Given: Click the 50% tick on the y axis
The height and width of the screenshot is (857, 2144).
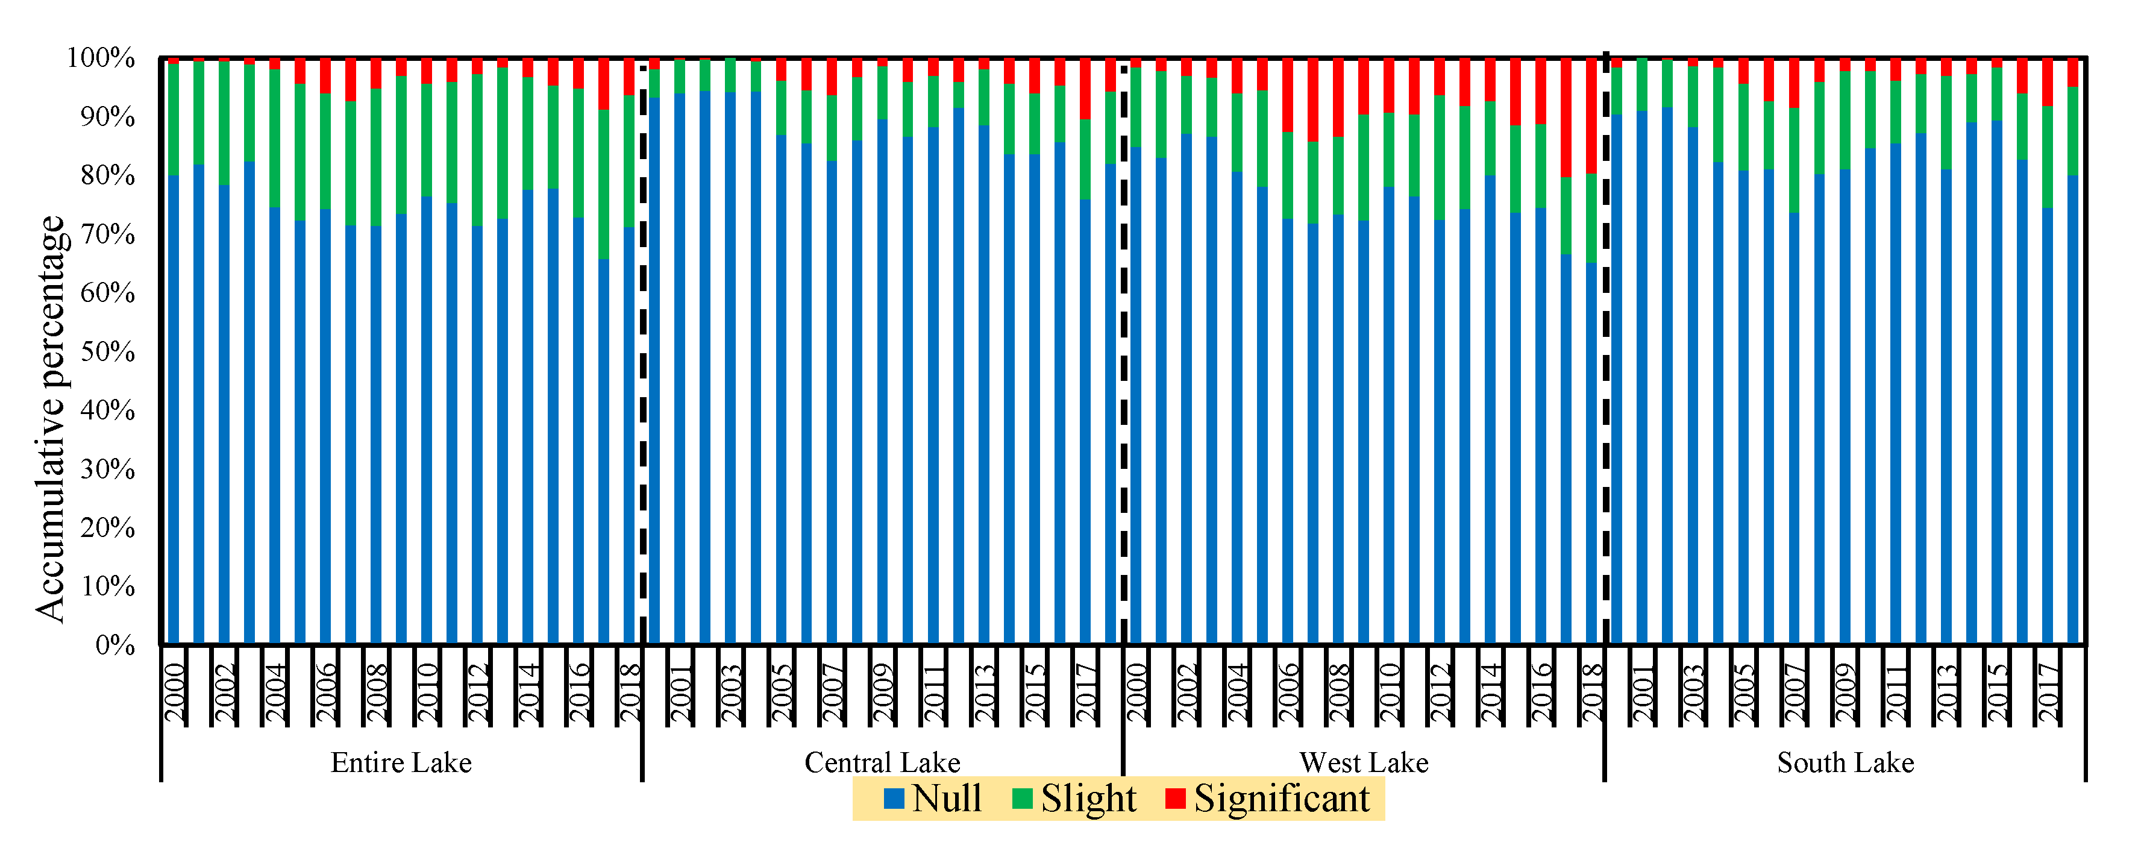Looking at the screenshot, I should [x=108, y=352].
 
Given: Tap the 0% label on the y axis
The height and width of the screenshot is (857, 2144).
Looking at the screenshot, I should [x=115, y=645].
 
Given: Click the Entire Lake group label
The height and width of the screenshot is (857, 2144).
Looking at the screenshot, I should [x=401, y=763].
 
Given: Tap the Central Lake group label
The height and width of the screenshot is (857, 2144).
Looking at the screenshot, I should [x=882, y=763].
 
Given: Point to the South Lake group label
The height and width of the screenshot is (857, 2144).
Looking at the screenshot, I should [x=1845, y=763].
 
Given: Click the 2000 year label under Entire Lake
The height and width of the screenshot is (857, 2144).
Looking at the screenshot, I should [x=174, y=692].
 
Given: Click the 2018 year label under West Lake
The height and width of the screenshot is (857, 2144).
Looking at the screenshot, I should [x=1591, y=692].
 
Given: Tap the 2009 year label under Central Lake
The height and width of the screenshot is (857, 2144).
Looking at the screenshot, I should [x=882, y=692].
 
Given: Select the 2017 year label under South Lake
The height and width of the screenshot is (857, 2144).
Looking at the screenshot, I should [x=2048, y=692].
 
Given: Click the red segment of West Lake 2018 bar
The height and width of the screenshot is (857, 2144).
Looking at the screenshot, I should [x=1591, y=116].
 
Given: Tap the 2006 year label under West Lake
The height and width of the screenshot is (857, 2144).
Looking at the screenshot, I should [x=1288, y=692].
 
